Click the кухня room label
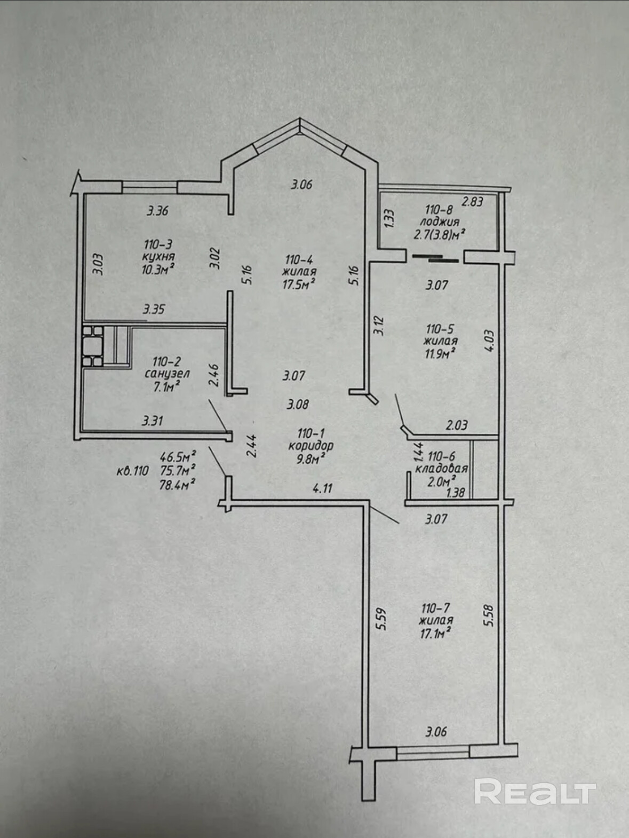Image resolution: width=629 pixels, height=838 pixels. coord(158,257)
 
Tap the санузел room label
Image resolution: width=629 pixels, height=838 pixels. coord(167,374)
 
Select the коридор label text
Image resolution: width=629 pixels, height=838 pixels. coord(311,446)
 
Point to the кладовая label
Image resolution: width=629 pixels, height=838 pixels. coord(442,469)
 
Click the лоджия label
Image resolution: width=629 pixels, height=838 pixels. coord(440,222)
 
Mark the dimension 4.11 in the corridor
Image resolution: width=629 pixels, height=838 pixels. coord(323,488)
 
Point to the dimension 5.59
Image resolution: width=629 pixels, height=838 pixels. coord(383,619)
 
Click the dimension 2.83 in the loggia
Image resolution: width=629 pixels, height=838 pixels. coord(472,202)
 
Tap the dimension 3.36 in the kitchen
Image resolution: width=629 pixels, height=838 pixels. coord(158,211)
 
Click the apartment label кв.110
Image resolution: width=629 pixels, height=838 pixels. coord(132,471)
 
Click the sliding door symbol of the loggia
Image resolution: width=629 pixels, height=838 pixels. coord(435,258)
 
